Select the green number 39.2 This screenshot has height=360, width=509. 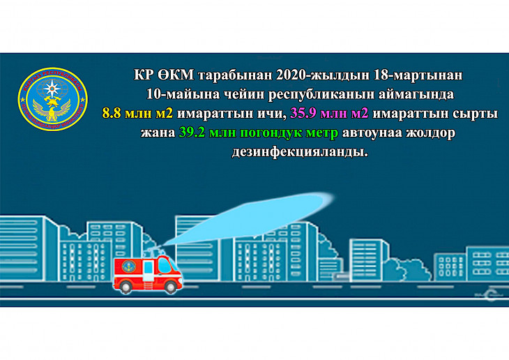(x=192, y=133)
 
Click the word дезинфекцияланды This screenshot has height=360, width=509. (x=300, y=152)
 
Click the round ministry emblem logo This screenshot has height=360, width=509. (x=52, y=99)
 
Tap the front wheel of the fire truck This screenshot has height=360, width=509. (x=170, y=287)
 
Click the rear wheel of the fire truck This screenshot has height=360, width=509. (x=126, y=287)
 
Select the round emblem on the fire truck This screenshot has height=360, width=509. (x=128, y=267)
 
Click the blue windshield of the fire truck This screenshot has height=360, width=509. (x=165, y=265)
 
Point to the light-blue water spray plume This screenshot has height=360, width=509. (x=250, y=218)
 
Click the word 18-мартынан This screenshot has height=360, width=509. (x=418, y=75)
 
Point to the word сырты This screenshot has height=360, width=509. (x=476, y=114)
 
